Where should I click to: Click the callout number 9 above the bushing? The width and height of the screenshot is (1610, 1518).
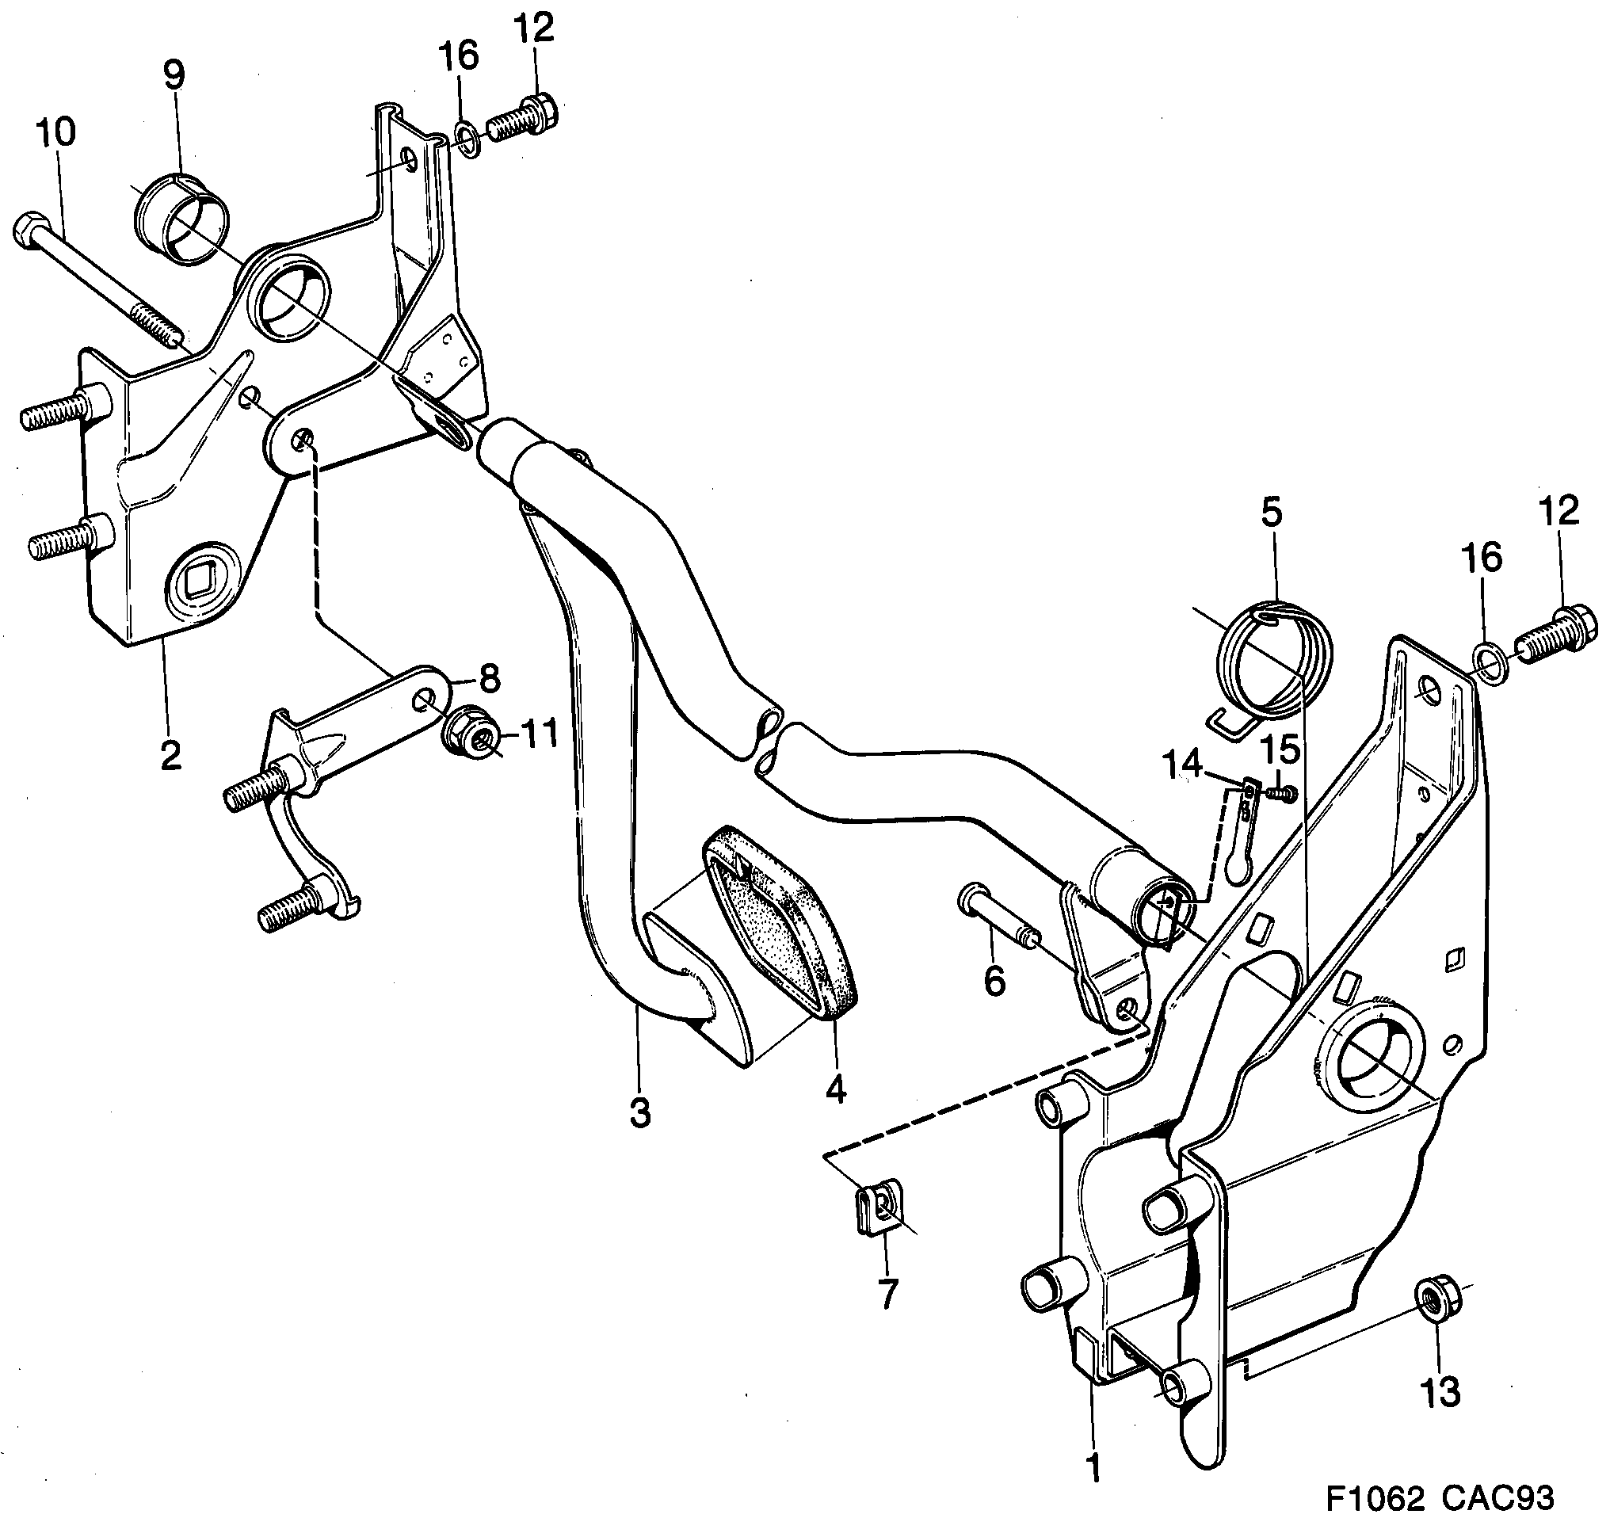click(174, 74)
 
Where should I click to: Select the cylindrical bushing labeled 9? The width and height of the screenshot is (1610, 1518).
click(182, 219)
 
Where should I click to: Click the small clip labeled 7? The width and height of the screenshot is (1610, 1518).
click(877, 1210)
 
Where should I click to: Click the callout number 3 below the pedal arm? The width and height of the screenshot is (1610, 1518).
click(639, 1114)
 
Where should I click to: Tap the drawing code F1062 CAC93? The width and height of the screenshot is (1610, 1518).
click(1439, 1497)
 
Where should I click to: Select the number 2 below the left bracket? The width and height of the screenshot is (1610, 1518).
click(170, 754)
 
